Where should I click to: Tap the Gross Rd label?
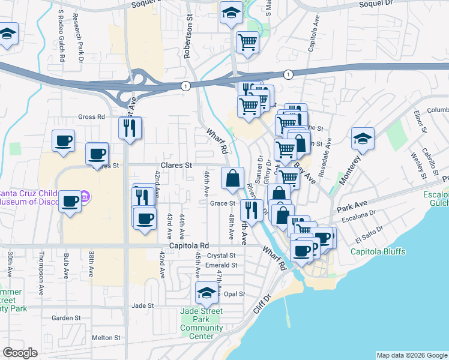(91, 116)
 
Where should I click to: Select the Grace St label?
(222, 203)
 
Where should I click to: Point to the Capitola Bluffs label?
(378, 251)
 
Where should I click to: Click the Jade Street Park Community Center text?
(201, 323)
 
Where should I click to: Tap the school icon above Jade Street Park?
(206, 293)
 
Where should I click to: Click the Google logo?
(20, 353)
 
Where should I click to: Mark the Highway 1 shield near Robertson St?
(186, 86)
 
